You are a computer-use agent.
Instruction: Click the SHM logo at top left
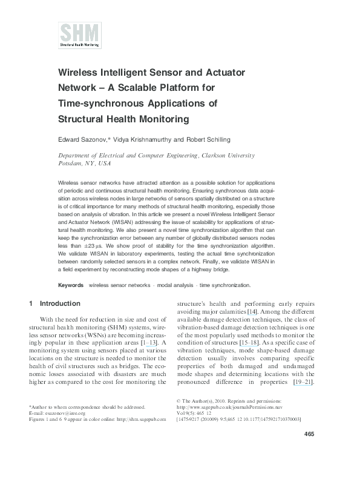(x=79, y=35)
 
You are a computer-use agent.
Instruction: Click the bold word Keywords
(x=71, y=285)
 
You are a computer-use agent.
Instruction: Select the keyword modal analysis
(x=174, y=285)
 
